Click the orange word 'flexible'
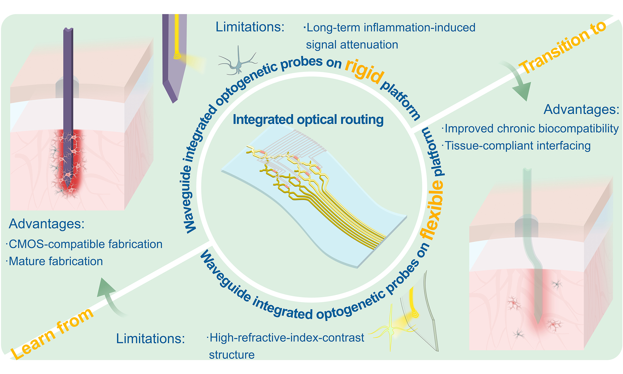[x=432, y=209]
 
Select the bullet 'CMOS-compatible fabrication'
[x=84, y=244]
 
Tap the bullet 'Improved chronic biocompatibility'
[x=530, y=129]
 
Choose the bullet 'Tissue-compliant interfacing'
[x=516, y=146]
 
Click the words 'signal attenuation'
[x=352, y=45]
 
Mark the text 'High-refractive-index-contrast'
[x=285, y=338]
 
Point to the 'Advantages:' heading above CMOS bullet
[x=46, y=224]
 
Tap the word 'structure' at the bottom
[x=232, y=355]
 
